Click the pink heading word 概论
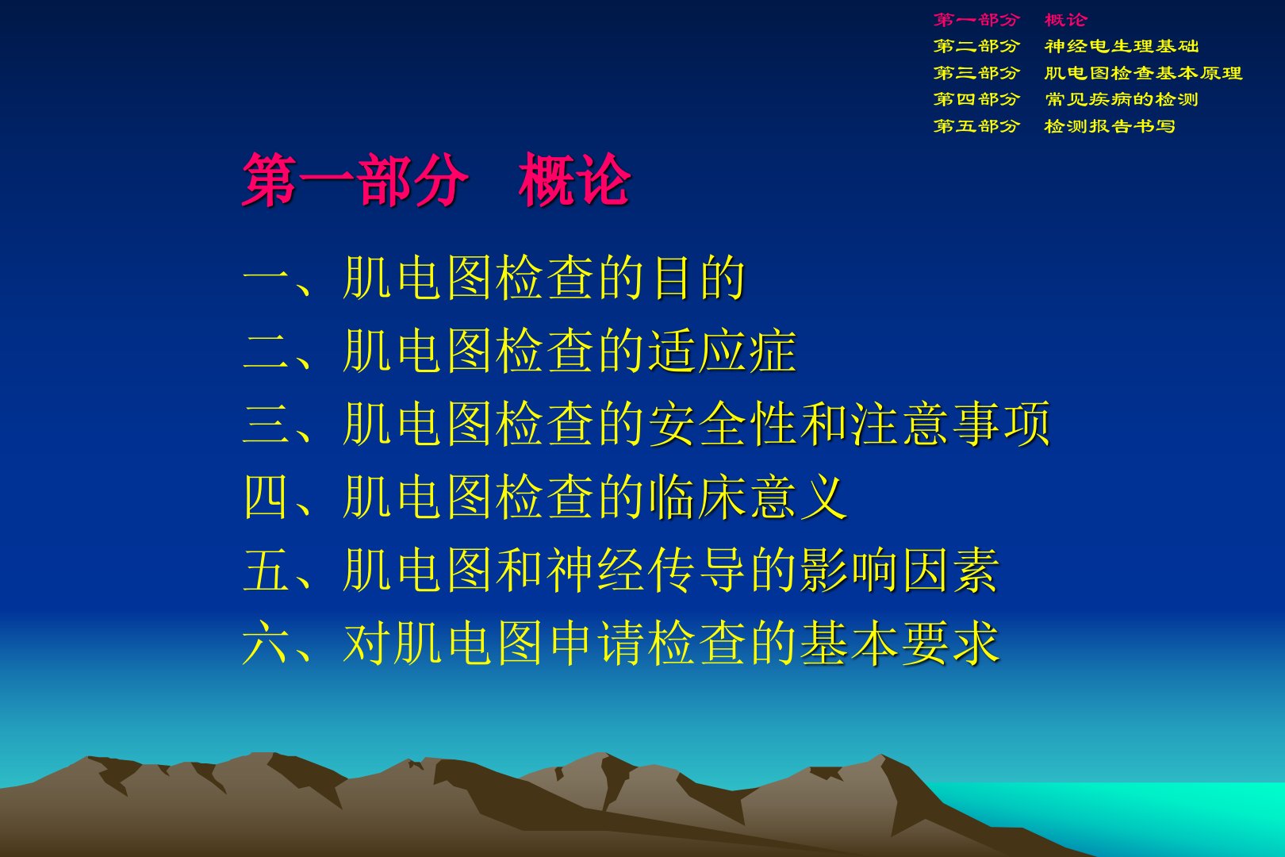[x=574, y=180]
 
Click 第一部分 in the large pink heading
[x=355, y=180]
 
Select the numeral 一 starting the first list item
[x=265, y=279]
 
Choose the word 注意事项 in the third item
[x=950, y=425]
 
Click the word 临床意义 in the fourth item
[x=748, y=497]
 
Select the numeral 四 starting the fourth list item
[x=265, y=497]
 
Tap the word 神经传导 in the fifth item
[x=648, y=570]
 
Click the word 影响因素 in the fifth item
[x=899, y=570]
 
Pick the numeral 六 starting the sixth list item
[x=265, y=643]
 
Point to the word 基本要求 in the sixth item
[x=899, y=643]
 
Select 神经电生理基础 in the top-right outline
[x=1122, y=46]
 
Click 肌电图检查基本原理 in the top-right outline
[x=1143, y=73]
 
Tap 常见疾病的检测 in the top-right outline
[x=1122, y=99]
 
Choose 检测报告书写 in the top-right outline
[x=1110, y=125]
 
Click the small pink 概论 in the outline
[x=1066, y=20]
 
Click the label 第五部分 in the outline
[x=976, y=125]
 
